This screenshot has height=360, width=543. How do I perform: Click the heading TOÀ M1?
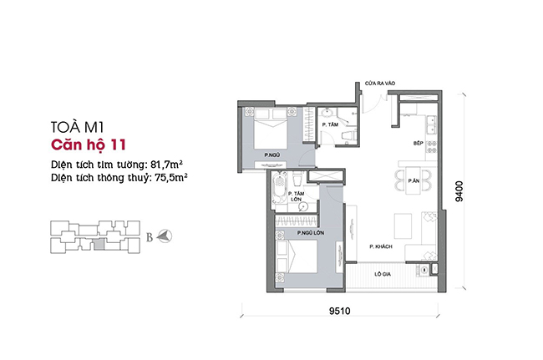click(x=77, y=127)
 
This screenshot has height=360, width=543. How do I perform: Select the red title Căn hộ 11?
click(x=89, y=145)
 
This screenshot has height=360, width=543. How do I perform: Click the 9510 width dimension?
click(x=339, y=311)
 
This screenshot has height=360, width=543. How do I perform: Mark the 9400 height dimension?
click(x=459, y=191)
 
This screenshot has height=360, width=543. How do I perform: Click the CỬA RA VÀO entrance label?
click(x=380, y=84)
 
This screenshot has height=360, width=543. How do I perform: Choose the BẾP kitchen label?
click(x=419, y=143)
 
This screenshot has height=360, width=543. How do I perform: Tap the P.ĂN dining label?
click(x=414, y=180)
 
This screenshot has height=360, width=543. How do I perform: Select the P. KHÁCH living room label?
click(x=381, y=246)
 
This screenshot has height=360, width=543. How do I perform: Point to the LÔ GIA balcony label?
click(x=383, y=274)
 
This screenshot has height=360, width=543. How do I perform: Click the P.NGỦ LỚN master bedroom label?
click(x=311, y=233)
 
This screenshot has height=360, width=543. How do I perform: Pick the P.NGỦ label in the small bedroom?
click(x=272, y=155)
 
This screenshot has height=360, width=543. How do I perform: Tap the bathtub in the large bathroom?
click(x=280, y=190)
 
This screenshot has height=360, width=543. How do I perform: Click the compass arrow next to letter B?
click(x=165, y=236)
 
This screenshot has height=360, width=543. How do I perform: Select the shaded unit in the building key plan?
click(x=99, y=244)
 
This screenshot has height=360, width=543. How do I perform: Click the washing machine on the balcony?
click(x=424, y=270)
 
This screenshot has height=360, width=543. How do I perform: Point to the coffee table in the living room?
click(x=403, y=226)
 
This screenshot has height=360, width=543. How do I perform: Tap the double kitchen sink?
click(x=432, y=124)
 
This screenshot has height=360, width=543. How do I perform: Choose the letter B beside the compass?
click(x=150, y=237)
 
